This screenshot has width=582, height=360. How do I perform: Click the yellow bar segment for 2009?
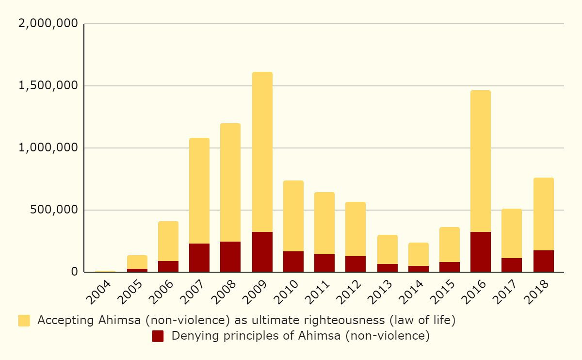click(262, 152)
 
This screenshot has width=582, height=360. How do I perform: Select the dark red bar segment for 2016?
click(481, 252)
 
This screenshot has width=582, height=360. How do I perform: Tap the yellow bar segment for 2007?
click(199, 191)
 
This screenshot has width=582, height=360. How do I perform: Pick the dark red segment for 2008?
click(230, 257)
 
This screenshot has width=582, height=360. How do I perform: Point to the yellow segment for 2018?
click(544, 214)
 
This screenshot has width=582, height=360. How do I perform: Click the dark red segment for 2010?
click(293, 262)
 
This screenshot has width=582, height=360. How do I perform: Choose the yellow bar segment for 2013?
click(388, 249)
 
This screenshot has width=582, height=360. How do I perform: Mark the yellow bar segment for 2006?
click(168, 241)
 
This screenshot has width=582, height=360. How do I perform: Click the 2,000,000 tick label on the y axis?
click(48, 24)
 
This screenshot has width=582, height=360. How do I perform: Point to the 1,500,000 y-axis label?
click(48, 86)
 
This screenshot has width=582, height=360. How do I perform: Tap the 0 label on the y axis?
click(74, 272)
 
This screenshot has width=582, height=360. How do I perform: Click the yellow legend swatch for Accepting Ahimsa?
click(24, 320)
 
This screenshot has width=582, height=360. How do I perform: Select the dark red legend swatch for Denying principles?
click(158, 336)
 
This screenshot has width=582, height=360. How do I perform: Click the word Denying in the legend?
click(191, 336)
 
